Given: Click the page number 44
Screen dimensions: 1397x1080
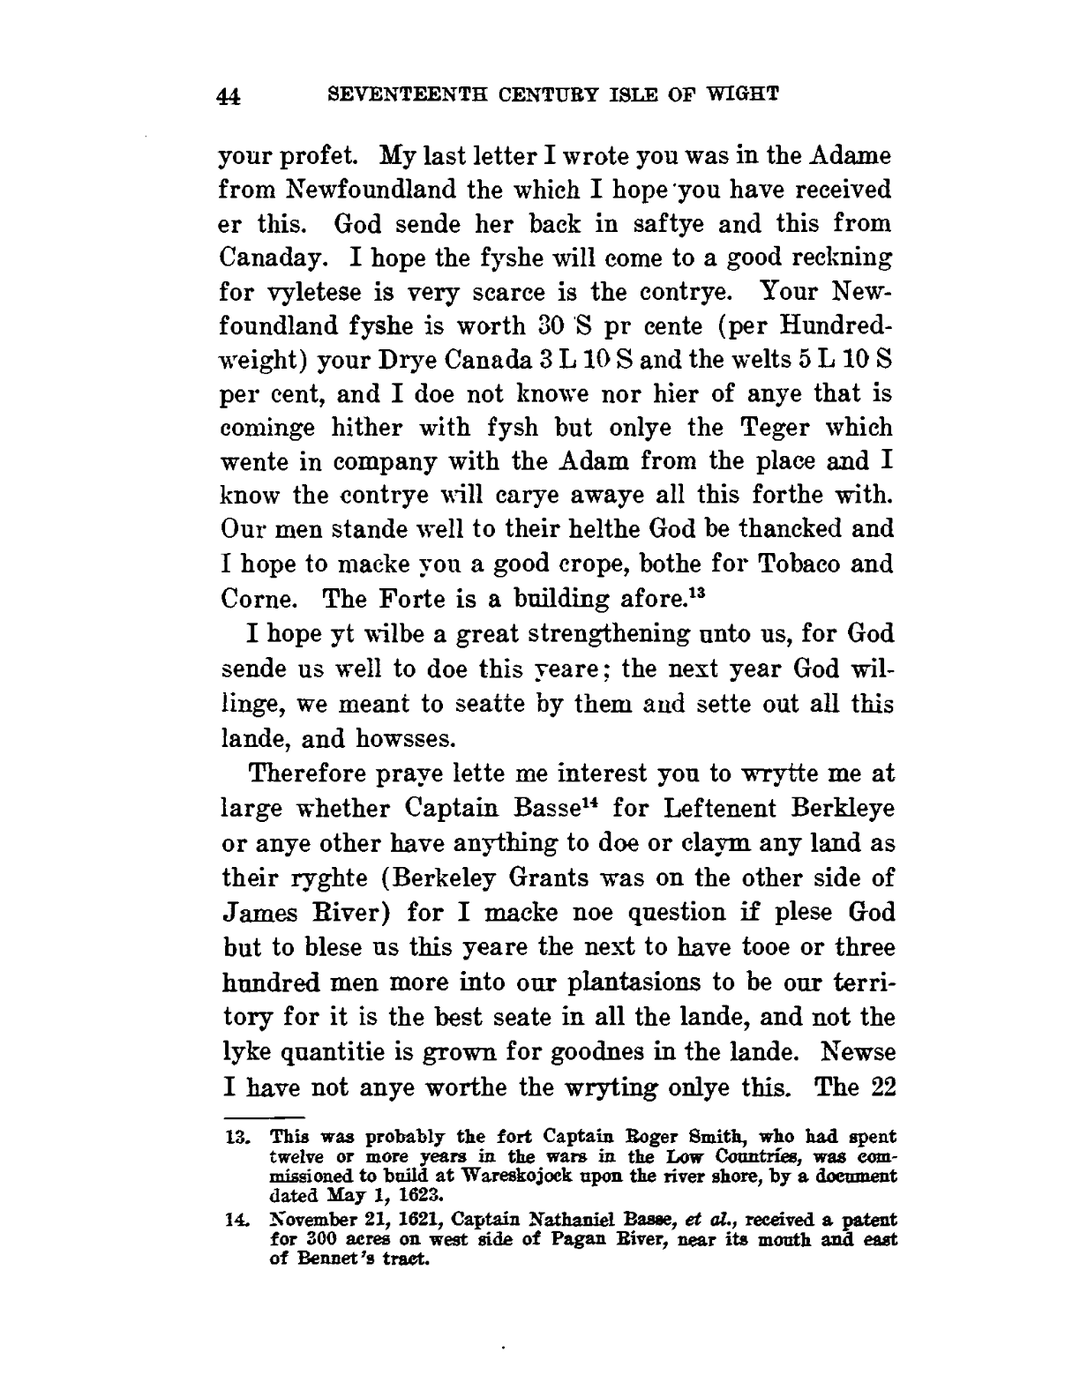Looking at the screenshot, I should click(229, 97).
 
